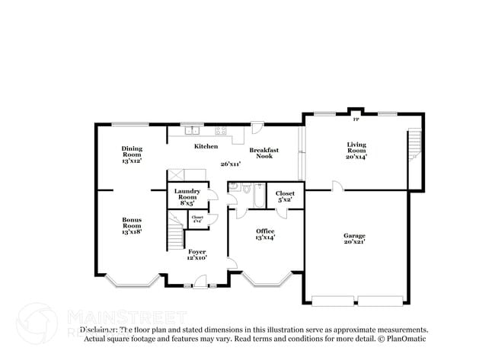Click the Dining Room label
click(132, 155)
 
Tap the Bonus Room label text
click(132, 226)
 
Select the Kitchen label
click(206, 146)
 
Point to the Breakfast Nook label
click(263, 153)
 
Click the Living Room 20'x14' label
click(356, 151)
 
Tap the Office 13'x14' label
click(265, 234)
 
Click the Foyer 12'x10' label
click(197, 255)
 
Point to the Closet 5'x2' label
click(285, 197)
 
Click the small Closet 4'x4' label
click(197, 218)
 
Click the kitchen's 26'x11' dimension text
click(230, 164)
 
